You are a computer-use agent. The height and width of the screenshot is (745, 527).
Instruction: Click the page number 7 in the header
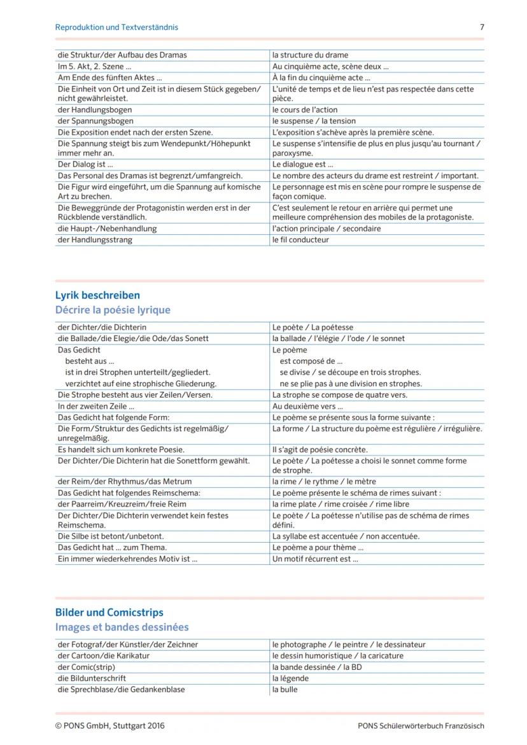482,27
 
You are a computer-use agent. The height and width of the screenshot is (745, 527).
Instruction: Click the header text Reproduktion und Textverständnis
116,27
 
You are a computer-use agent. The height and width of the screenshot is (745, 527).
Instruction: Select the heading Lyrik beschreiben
97,295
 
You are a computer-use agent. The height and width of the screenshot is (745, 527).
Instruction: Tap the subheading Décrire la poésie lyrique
113,310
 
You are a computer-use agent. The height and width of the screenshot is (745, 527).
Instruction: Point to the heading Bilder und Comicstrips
109,613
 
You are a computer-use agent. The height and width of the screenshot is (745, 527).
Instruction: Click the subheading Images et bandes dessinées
122,628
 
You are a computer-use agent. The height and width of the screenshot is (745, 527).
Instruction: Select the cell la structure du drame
310,55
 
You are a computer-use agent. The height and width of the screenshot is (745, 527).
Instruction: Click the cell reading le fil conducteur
300,240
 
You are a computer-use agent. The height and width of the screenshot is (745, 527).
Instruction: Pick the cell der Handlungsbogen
86,110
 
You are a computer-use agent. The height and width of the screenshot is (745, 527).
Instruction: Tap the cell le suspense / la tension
314,121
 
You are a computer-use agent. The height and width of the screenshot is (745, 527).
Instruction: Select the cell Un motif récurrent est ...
315,559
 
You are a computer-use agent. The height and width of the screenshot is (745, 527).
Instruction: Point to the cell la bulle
285,690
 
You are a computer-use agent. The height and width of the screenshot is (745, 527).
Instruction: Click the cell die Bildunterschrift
92,678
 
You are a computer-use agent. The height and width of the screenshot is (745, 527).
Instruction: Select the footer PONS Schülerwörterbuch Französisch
421,726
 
